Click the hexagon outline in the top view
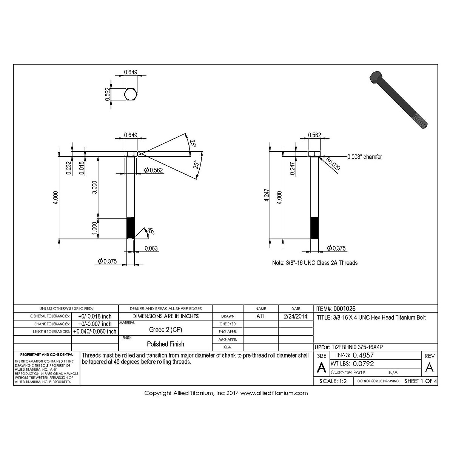tap(131, 94)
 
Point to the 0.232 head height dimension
tap(68, 168)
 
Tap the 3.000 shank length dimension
tap(95, 187)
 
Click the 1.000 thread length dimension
tap(95, 228)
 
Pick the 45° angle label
tap(151, 231)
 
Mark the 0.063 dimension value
tap(151, 248)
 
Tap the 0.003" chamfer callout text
tap(364, 157)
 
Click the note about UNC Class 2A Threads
tap(314, 263)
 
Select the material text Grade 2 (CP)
tap(165, 330)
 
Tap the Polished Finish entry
tap(165, 344)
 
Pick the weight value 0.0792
tap(363, 364)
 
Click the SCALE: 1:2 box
tap(333, 381)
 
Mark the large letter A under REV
tap(429, 367)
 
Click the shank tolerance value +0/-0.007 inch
tap(95, 324)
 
